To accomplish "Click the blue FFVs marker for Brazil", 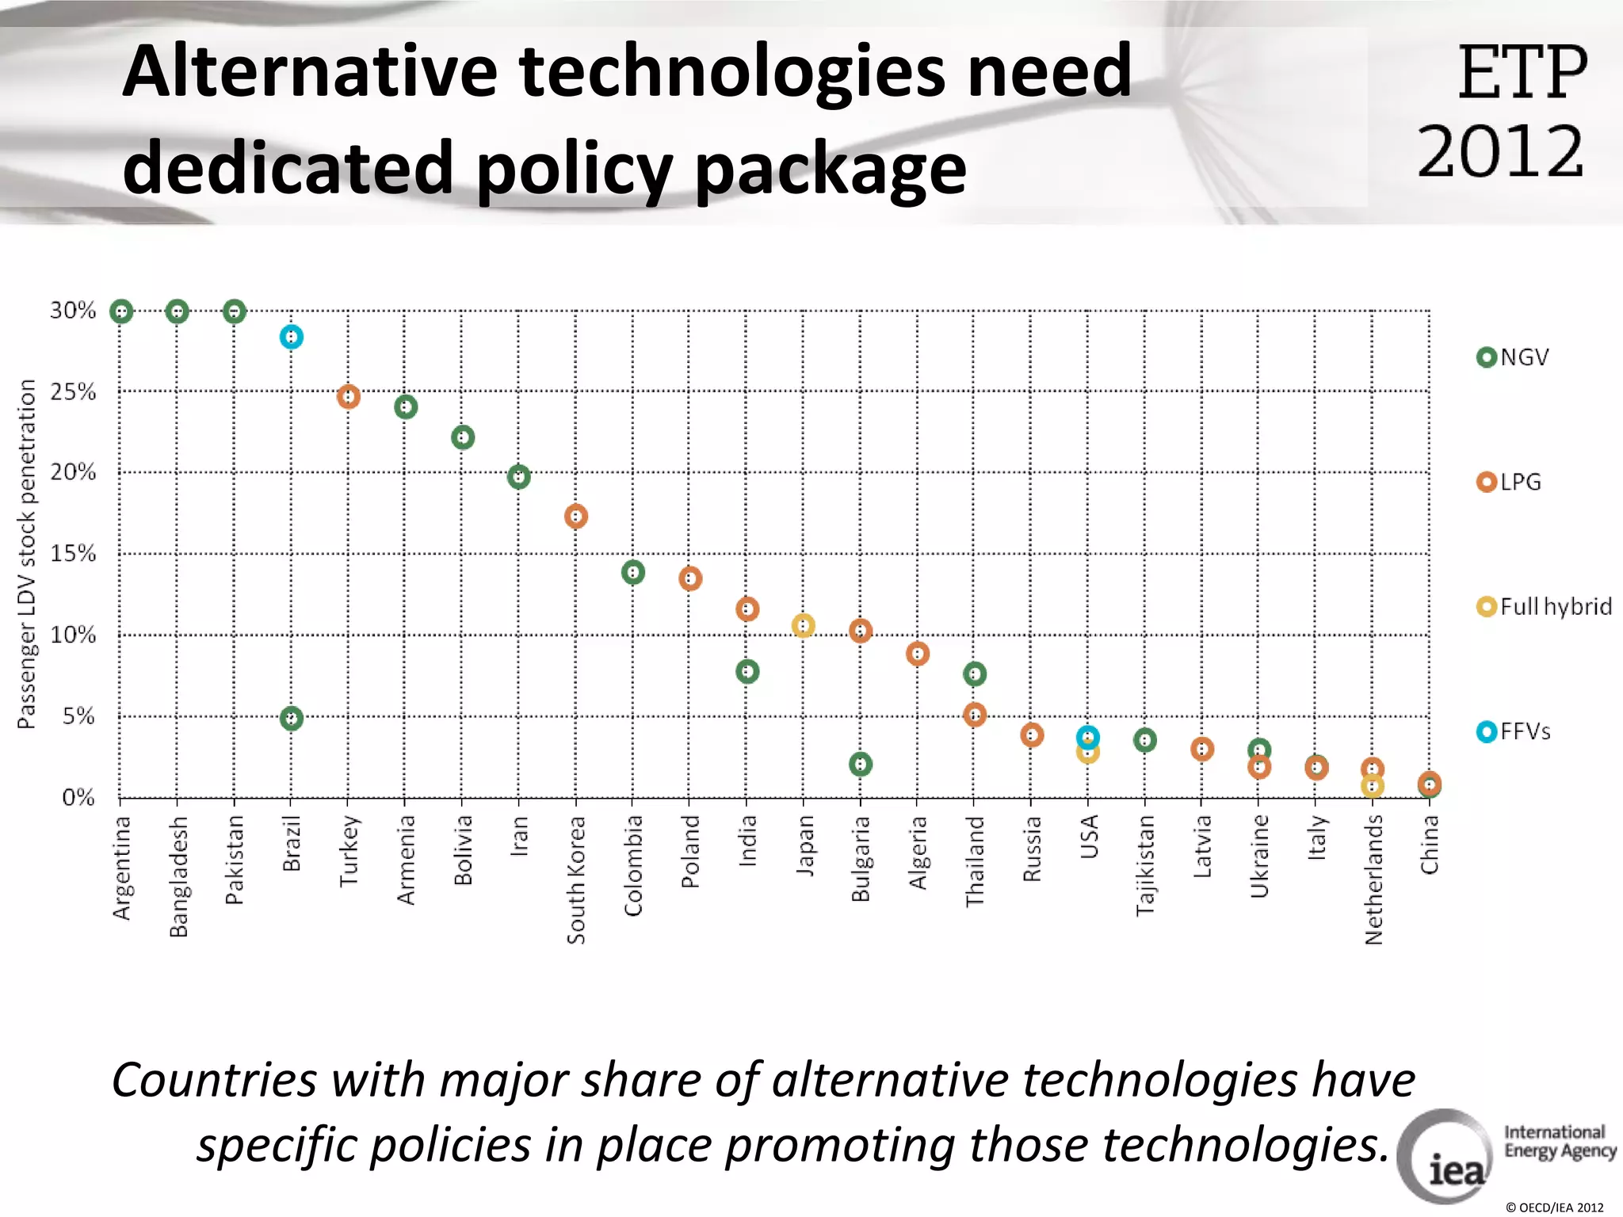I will [292, 338].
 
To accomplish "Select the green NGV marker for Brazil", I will [292, 719].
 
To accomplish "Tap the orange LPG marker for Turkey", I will [349, 396].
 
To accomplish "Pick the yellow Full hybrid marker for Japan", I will [803, 626].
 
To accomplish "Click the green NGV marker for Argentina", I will [121, 311].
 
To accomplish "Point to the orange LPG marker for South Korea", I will [576, 517].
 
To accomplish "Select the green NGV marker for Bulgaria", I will [861, 765].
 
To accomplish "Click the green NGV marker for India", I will [747, 672].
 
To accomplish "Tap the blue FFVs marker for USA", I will [1088, 737].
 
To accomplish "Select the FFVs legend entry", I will [1514, 731].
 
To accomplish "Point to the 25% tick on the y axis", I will [73, 391].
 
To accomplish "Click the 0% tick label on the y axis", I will [78, 797].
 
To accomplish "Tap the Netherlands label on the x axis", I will [1373, 879].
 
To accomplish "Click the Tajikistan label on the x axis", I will [1145, 865].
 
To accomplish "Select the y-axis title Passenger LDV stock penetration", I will [27, 553].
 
